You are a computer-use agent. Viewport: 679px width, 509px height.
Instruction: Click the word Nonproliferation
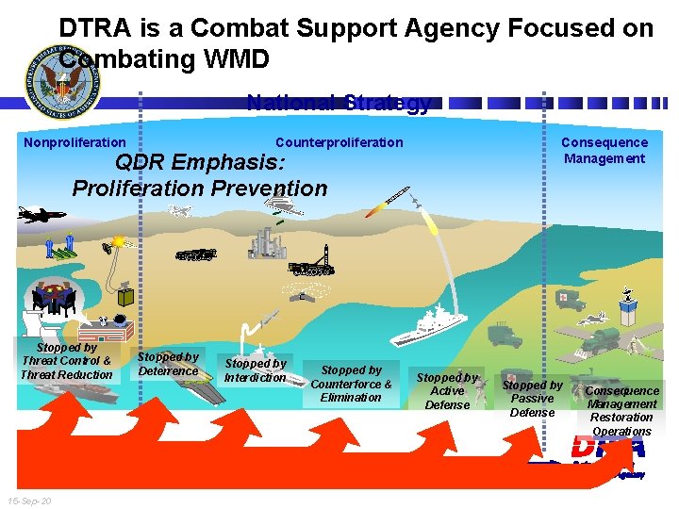75,142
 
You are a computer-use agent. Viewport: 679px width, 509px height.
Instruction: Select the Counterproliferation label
339,142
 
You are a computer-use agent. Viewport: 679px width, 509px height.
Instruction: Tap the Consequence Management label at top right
604,150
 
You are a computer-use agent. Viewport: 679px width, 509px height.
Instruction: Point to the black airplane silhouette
41,215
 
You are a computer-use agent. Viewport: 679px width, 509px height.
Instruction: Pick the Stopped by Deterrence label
168,364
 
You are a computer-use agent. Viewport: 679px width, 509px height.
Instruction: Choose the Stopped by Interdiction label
255,370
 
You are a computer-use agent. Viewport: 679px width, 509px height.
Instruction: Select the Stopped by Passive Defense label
532,398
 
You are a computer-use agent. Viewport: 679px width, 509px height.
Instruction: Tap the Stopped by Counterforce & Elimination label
351,384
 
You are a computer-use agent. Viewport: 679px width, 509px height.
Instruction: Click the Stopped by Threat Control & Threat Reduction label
66,361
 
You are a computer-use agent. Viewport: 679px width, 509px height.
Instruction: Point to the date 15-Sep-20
28,501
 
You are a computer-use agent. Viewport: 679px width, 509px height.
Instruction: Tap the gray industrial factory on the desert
266,242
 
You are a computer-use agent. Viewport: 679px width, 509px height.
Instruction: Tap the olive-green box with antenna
125,294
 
